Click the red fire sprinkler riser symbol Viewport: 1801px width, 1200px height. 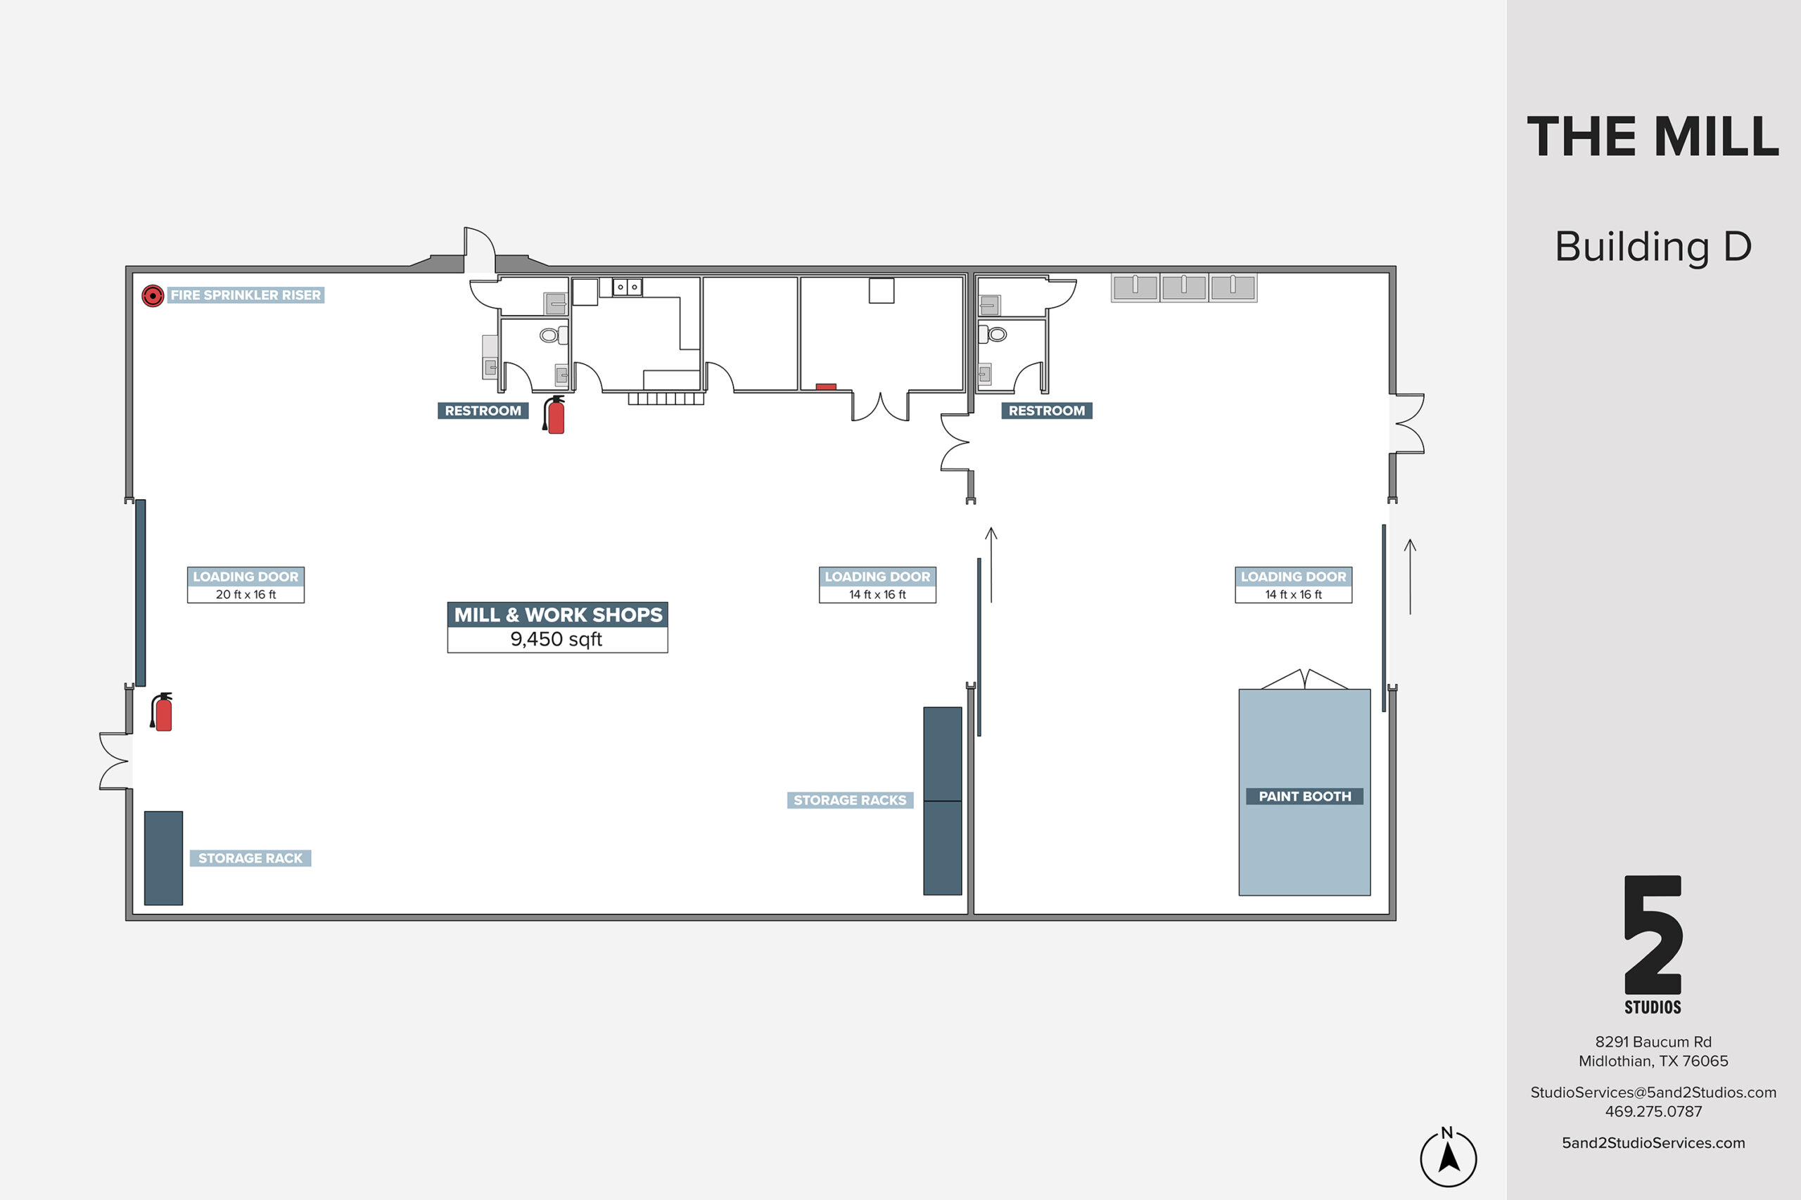click(153, 295)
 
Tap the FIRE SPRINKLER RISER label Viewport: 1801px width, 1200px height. click(246, 295)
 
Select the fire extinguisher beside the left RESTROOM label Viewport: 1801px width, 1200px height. click(554, 415)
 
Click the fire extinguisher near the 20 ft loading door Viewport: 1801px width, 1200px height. click(162, 711)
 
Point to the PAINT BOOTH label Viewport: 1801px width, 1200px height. click(1305, 796)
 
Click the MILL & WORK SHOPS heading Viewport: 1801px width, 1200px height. click(557, 614)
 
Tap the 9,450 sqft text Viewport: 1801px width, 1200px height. click(556, 639)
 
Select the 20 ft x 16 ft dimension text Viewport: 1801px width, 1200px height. click(246, 595)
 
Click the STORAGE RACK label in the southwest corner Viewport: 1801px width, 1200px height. click(250, 858)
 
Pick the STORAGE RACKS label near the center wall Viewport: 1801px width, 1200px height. click(850, 800)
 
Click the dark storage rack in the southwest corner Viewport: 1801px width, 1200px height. click(163, 858)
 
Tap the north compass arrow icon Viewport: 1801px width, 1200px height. click(1448, 1159)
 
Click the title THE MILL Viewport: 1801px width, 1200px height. click(1653, 137)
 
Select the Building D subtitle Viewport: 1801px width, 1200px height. click(1653, 247)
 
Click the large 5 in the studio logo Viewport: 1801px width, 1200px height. click(1653, 934)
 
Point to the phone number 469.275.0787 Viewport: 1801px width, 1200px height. click(1653, 1111)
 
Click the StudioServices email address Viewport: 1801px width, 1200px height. click(1653, 1092)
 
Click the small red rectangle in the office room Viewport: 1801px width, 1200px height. click(825, 387)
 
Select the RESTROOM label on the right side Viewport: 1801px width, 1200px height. click(1047, 411)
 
